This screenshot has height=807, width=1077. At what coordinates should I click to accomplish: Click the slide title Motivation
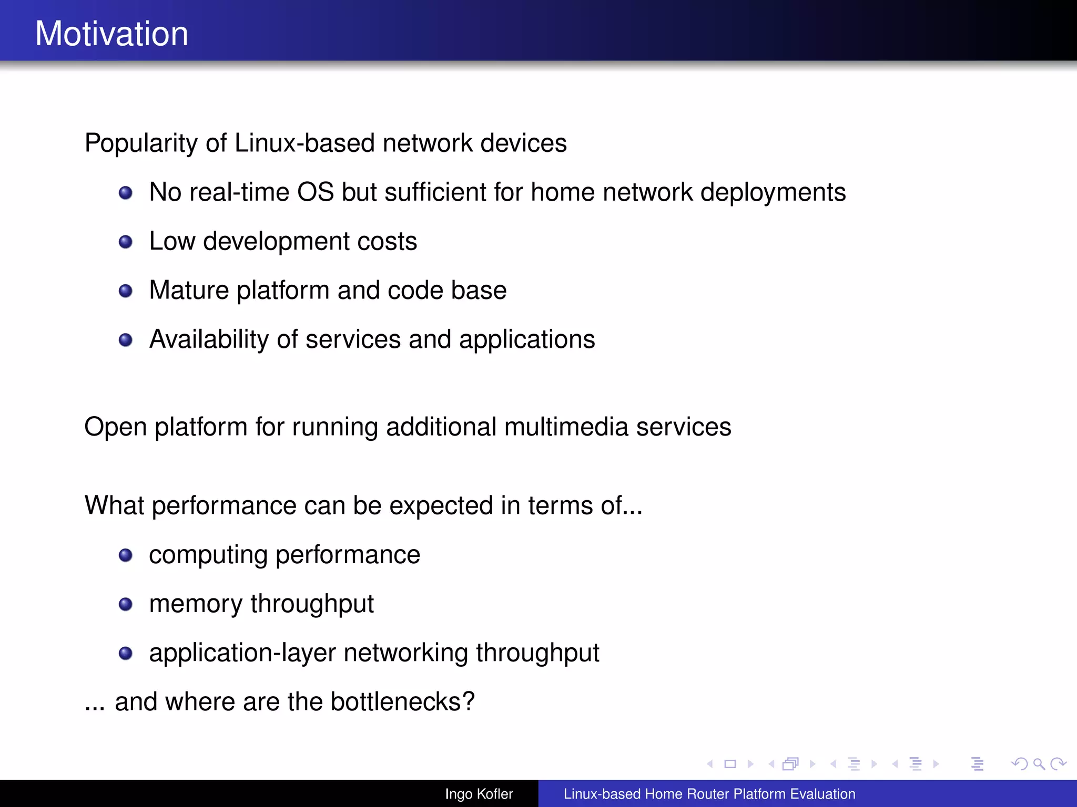point(111,34)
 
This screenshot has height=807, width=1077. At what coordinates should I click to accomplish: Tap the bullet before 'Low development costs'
point(125,242)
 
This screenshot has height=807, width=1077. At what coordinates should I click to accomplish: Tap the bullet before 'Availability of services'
point(125,340)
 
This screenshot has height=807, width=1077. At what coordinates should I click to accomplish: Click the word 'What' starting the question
point(114,505)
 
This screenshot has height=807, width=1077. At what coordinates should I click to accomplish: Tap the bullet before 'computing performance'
point(125,555)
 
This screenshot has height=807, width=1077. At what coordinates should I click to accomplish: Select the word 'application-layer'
point(242,653)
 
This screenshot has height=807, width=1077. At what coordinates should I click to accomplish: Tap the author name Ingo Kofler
point(479,794)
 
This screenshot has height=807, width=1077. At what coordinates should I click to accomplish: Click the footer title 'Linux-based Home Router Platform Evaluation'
point(709,794)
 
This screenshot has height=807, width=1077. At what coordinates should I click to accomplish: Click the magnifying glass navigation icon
point(1039,764)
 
